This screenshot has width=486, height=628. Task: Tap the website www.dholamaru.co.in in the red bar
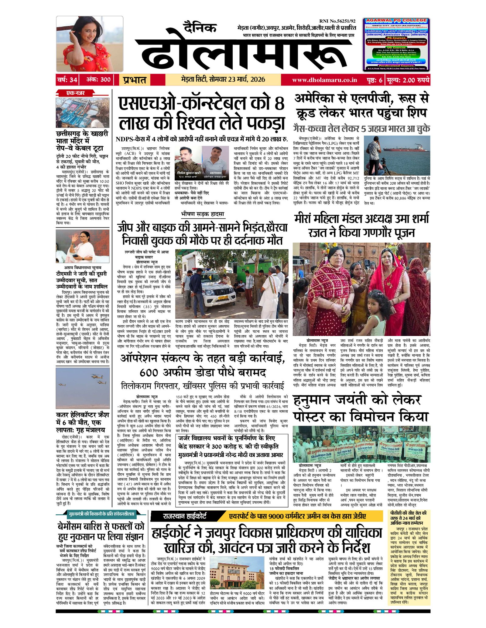(324, 80)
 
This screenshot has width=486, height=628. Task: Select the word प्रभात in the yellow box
(135, 80)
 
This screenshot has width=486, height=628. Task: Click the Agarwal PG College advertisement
(396, 45)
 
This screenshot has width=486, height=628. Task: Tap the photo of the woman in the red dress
(90, 44)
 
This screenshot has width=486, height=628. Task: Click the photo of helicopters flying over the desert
(83, 388)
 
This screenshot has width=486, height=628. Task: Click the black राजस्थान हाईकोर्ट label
(185, 516)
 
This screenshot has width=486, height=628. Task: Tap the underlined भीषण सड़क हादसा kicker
(203, 214)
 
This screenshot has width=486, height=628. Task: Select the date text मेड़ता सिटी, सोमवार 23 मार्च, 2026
(223, 80)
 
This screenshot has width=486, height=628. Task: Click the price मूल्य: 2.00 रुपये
(408, 80)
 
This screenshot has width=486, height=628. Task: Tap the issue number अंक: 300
(98, 80)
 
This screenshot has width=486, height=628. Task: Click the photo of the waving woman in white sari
(83, 246)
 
